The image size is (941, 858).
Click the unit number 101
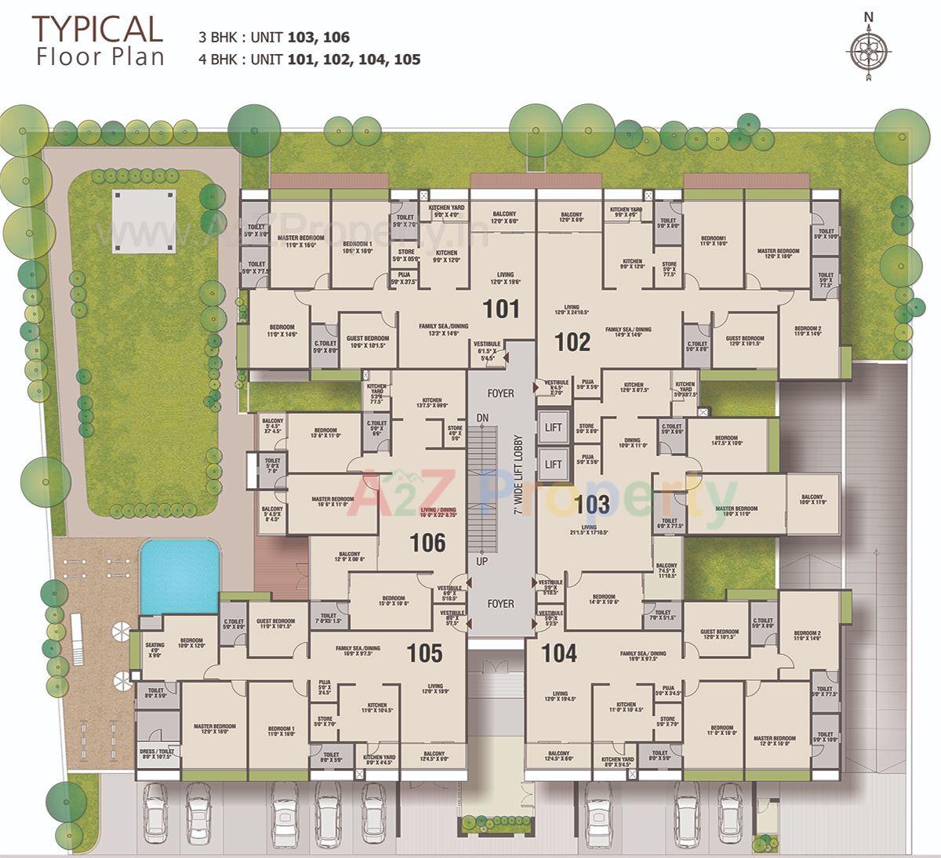tap(501, 309)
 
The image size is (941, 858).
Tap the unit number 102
tap(572, 342)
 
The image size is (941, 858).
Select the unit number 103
tap(592, 504)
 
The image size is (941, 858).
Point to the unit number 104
tap(559, 653)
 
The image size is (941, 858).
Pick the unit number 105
tap(425, 653)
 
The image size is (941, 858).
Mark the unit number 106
tap(428, 543)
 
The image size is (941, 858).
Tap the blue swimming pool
tap(179, 576)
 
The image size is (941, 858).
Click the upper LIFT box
tap(554, 427)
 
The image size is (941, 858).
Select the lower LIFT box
tap(554, 464)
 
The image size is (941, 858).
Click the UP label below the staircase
tap(481, 562)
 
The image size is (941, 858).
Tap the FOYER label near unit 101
tap(500, 393)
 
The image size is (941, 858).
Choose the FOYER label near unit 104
tap(500, 603)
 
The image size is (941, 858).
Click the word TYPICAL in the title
tap(97, 29)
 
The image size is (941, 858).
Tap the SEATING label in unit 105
tap(154, 649)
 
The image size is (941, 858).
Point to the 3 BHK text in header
tap(217, 38)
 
